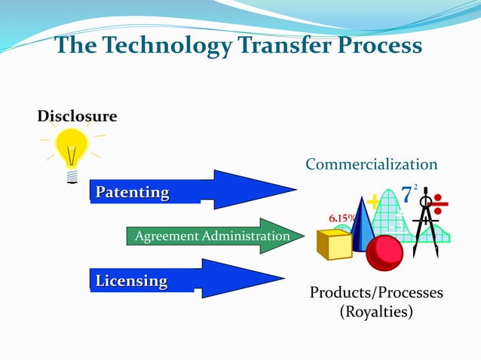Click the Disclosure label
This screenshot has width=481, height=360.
point(77,117)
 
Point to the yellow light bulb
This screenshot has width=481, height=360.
point(72,151)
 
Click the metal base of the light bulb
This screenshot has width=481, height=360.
point(72,177)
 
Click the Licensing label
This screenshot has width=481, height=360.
point(131,281)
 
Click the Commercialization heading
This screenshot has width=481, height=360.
point(371,164)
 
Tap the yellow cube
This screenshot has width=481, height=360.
point(334,243)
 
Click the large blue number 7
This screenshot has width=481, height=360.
point(406,194)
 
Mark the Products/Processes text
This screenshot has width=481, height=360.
point(376,292)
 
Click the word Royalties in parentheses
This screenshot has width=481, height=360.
point(376,311)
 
